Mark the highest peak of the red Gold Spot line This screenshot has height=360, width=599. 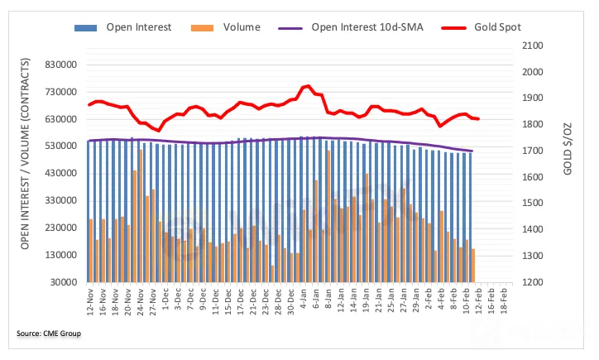click(x=307, y=86)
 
